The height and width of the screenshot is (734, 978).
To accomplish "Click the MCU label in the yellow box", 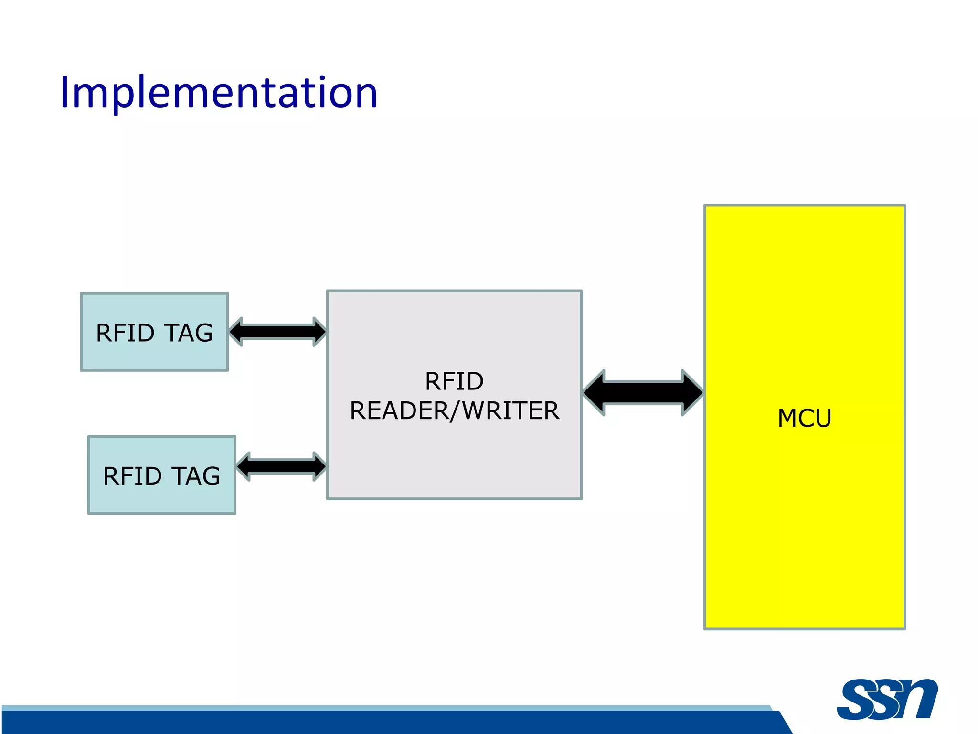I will click(804, 418).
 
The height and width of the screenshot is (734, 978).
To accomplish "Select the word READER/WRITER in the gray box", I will click(454, 411).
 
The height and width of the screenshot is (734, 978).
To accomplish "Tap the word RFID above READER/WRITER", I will click(454, 381).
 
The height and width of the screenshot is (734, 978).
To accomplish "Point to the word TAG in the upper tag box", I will click(189, 333).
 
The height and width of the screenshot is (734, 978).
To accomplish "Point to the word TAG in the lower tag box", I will click(196, 476).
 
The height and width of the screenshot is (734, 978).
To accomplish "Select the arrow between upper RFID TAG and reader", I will click(278, 332).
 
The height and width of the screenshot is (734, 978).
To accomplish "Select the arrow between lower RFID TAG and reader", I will click(282, 466).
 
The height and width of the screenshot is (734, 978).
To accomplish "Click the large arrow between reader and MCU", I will click(643, 392).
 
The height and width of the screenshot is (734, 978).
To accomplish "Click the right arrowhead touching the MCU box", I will click(692, 392).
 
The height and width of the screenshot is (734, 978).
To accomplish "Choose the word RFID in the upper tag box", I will click(125, 333).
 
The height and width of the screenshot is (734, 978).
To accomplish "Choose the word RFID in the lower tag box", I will click(132, 476).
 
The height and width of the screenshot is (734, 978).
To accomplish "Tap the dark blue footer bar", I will click(382, 723).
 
